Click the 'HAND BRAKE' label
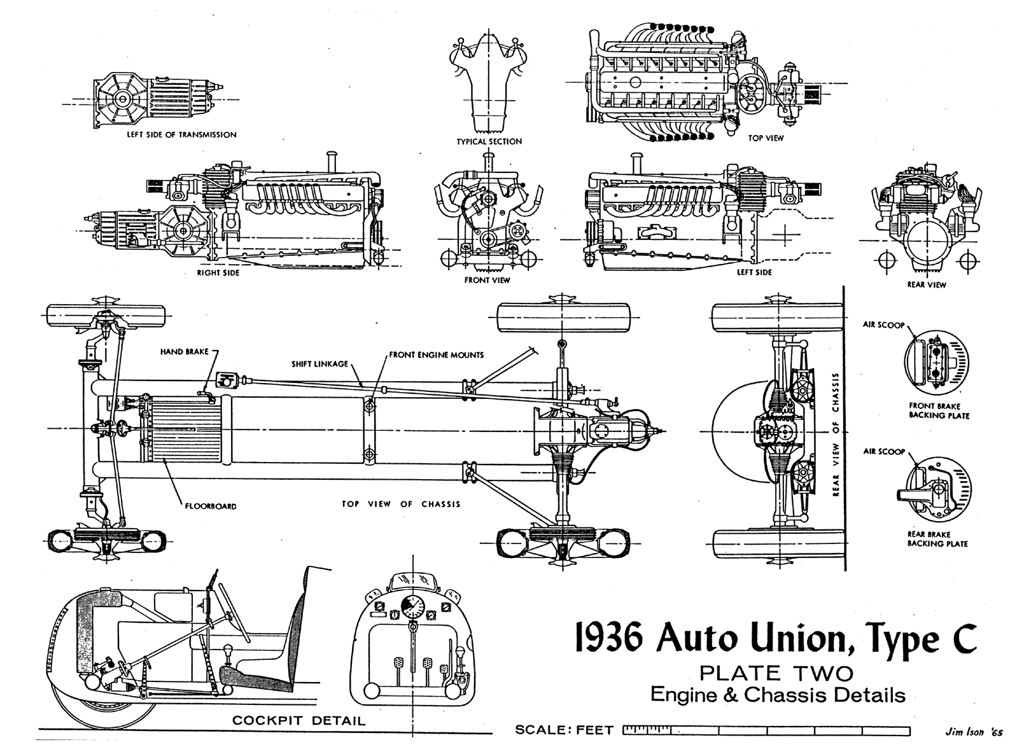click(x=185, y=351)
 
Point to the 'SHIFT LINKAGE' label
click(x=319, y=363)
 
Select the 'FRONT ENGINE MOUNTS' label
click(x=436, y=355)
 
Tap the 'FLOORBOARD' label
click(x=210, y=506)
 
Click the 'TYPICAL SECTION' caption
click(x=489, y=141)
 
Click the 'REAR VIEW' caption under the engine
click(x=927, y=284)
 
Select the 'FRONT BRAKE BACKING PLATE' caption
click(x=939, y=410)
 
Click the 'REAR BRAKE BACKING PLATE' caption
click(x=937, y=539)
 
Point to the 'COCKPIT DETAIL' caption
click(x=298, y=720)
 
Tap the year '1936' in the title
click(x=607, y=638)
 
